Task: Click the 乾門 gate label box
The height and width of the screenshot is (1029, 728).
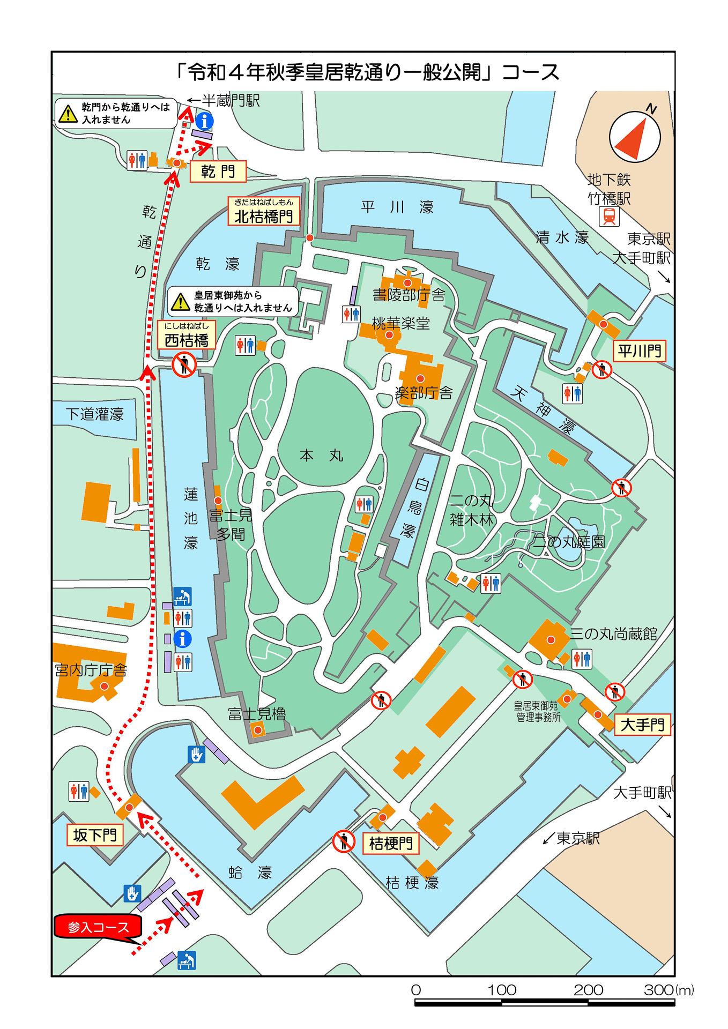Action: point(218,171)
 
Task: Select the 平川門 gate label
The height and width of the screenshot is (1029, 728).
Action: point(640,351)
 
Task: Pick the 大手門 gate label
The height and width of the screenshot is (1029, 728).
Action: point(642,725)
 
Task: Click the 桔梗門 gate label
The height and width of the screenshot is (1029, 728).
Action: point(391,844)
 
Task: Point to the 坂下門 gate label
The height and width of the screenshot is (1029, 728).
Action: point(95,835)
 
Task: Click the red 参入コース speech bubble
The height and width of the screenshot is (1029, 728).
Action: point(98,927)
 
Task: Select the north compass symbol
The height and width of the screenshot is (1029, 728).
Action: point(635,137)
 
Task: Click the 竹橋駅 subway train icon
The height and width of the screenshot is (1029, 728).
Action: point(609,217)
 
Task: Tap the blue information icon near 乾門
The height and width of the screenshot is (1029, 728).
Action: point(204,121)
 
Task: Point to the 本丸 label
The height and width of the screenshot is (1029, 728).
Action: point(321,456)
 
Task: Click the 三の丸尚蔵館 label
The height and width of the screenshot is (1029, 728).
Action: point(613,634)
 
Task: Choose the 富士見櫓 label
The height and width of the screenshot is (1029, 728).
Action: point(257,714)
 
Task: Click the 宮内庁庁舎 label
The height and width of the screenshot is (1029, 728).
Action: point(91,670)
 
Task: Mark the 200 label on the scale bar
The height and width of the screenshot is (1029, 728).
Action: point(588,990)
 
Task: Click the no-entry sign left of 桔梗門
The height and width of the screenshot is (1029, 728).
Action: point(344,841)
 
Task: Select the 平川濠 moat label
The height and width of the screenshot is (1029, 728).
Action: point(397,207)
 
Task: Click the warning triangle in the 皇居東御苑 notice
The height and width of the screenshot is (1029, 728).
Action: point(181,302)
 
